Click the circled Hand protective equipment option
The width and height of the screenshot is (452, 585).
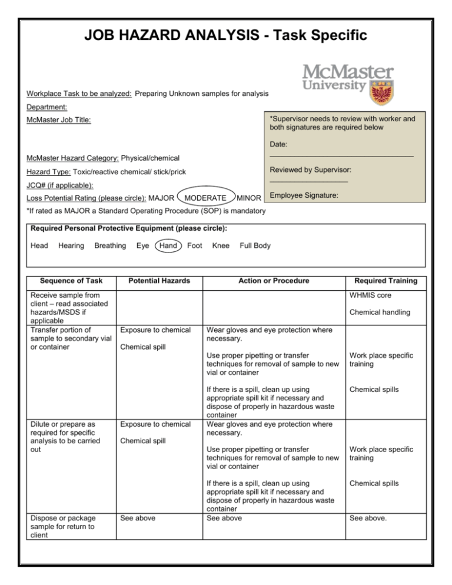169,245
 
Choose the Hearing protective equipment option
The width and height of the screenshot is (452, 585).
71,245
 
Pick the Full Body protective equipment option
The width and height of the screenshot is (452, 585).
255,245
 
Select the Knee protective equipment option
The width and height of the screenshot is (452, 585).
220,245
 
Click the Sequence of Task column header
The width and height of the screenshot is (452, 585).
65,281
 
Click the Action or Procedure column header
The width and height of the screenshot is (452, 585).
271,281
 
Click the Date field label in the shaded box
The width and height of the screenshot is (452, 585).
279,144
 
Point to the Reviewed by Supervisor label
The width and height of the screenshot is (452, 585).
310,169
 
